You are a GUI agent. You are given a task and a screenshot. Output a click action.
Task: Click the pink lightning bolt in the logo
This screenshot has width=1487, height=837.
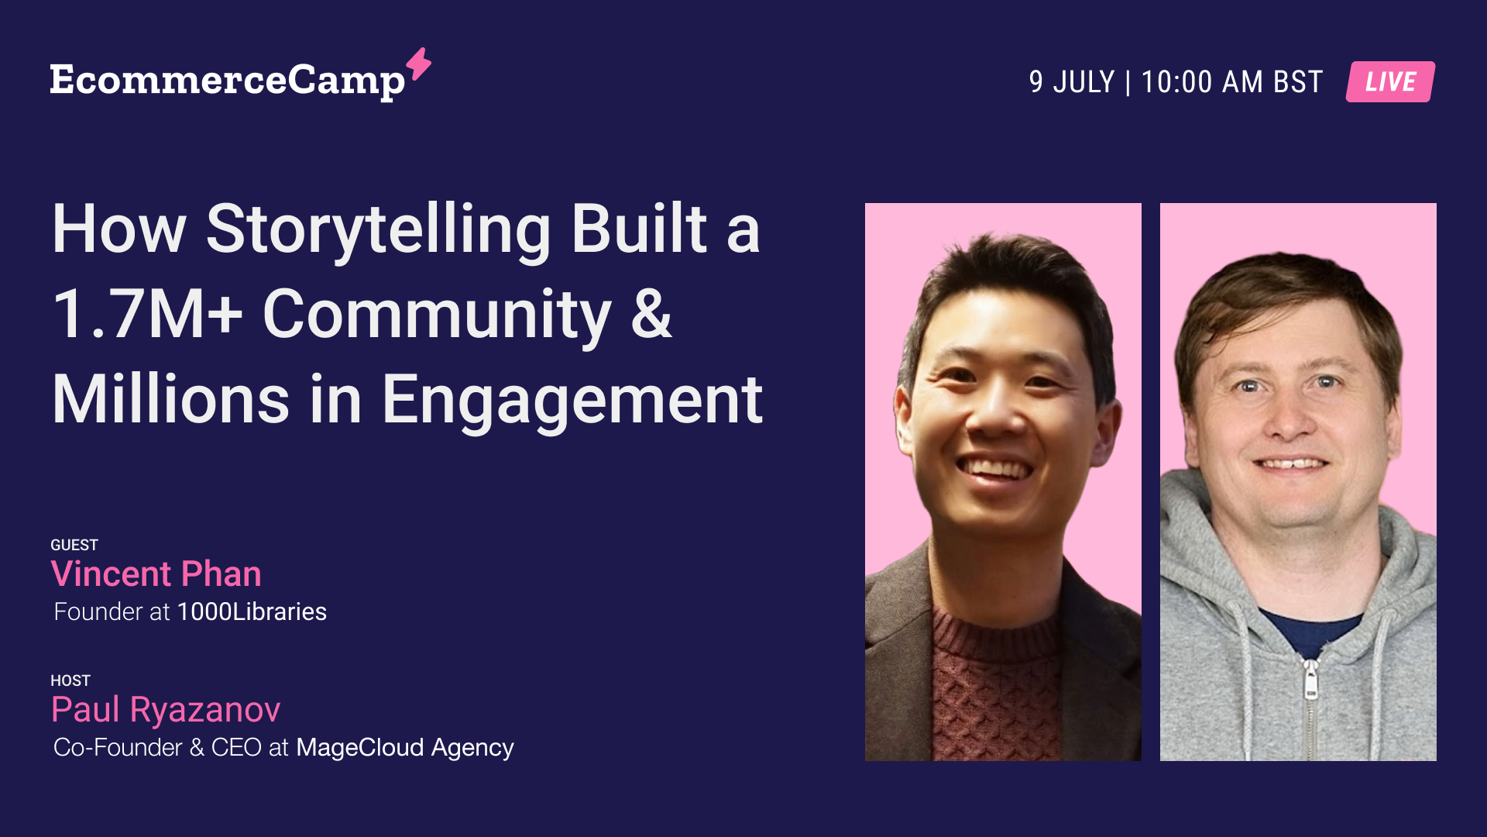tap(419, 64)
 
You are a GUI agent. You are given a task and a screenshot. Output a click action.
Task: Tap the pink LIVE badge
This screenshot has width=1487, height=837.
tap(1390, 81)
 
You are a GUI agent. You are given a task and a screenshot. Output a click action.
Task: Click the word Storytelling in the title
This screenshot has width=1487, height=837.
tap(378, 229)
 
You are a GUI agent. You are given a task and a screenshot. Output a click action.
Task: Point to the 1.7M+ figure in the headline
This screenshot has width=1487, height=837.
tap(147, 315)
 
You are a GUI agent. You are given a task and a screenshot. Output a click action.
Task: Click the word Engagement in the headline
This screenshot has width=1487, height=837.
tap(572, 401)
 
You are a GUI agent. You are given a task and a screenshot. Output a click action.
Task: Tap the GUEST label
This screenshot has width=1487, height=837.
tap(74, 545)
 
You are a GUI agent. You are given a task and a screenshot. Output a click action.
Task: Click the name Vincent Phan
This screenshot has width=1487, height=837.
tap(156, 574)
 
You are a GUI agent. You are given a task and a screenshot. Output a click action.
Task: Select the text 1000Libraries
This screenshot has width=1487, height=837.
tap(252, 611)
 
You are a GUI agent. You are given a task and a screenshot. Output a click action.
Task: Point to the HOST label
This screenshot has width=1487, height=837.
tap(70, 680)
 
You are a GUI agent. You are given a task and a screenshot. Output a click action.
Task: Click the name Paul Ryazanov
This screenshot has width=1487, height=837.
tap(166, 710)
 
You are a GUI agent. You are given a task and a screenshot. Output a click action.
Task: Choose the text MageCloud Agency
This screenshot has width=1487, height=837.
tap(404, 747)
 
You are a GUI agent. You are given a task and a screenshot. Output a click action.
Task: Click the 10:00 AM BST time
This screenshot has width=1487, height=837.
tap(1231, 82)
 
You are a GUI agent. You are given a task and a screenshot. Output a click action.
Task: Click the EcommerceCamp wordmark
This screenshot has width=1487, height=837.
tap(227, 81)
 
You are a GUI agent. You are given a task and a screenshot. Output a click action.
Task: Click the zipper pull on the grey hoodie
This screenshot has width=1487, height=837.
tap(1310, 680)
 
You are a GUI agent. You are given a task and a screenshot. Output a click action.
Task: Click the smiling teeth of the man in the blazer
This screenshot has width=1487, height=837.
tap(995, 468)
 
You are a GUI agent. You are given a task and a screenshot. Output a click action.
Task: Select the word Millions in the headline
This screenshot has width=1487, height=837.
tap(170, 401)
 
